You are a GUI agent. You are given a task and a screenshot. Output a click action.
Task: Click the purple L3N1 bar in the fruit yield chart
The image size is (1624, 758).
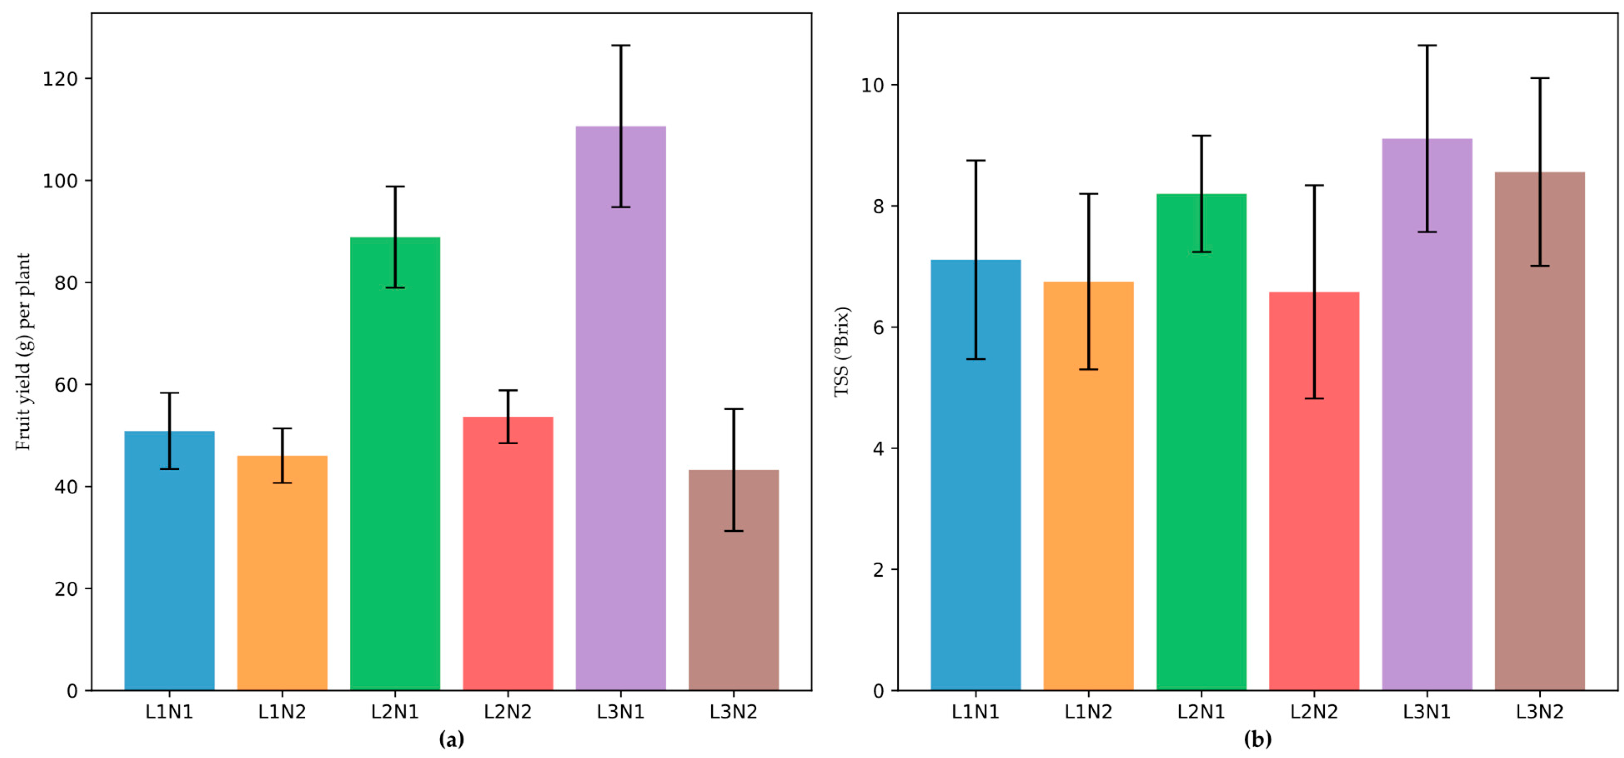(620, 441)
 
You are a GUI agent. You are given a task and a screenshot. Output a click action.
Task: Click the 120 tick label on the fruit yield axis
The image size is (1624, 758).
(60, 79)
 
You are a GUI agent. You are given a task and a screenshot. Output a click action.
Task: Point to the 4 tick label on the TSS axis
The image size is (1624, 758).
(878, 449)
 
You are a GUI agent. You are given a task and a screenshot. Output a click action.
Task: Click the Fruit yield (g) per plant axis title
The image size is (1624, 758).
(23, 352)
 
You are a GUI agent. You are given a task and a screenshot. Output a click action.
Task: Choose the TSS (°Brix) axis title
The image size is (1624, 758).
(842, 352)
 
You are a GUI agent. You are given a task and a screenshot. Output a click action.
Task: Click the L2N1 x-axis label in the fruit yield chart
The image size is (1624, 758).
(395, 712)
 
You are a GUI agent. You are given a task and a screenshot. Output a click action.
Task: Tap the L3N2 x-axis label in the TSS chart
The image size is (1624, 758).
(1539, 712)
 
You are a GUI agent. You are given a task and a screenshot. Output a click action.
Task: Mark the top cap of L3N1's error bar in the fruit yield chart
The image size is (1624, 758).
(620, 45)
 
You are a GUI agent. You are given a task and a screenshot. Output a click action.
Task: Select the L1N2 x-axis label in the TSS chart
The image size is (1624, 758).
(1088, 712)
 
